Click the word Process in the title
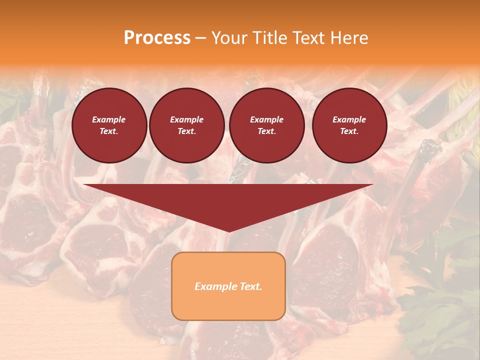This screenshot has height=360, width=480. [x=157, y=38]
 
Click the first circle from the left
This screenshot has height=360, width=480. [x=109, y=125]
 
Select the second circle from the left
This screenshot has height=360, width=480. [x=186, y=125]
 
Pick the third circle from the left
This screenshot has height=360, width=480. [x=266, y=125]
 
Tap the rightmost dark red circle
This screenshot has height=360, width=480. [x=349, y=125]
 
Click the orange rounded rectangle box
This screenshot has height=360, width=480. [x=228, y=286]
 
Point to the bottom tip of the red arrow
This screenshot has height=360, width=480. [x=228, y=231]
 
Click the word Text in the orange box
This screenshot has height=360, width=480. [x=249, y=286]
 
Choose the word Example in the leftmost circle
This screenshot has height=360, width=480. [x=109, y=119]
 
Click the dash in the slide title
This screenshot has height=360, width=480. [x=201, y=38]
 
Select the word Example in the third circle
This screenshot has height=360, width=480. [x=266, y=119]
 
